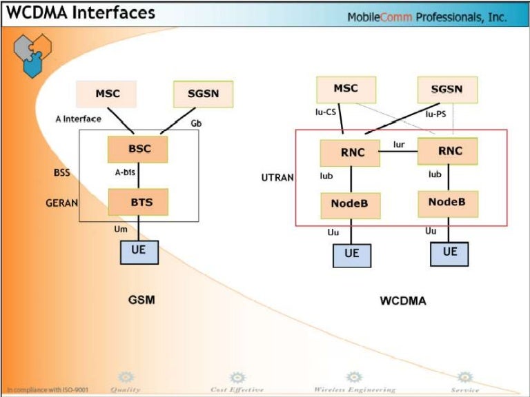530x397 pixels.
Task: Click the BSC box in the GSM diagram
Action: tap(138, 149)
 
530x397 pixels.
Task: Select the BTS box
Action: tap(138, 202)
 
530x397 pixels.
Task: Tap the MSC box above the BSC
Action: tap(106, 94)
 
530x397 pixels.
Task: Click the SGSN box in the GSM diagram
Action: tap(203, 94)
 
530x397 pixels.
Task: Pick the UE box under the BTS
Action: tap(139, 251)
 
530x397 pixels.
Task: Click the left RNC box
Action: tap(350, 153)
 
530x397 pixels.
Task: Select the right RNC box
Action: tap(448, 151)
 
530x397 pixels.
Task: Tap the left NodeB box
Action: tap(350, 205)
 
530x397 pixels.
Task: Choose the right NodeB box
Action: tap(447, 203)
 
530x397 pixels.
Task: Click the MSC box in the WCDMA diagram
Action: tap(346, 89)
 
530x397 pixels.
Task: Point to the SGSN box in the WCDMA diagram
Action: tap(446, 90)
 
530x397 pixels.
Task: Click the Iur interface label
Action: tap(399, 144)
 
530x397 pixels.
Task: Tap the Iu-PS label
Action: tap(435, 113)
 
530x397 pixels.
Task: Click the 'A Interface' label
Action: tap(78, 119)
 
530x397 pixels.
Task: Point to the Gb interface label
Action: tap(195, 123)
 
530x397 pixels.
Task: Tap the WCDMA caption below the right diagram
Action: tap(403, 301)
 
